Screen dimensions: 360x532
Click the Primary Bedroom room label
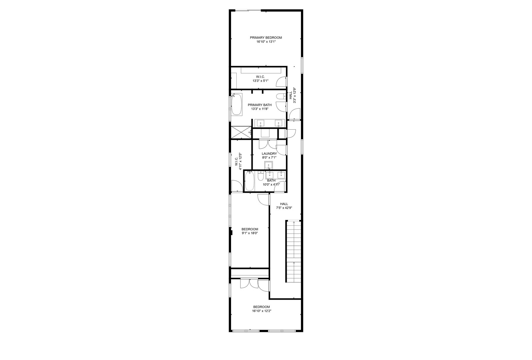coord(266,38)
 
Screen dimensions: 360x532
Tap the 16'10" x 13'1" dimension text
coord(266,42)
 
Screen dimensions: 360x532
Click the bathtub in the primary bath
coord(237,105)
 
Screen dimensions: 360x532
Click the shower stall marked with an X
coord(241,133)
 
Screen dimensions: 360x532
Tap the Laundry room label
coord(269,154)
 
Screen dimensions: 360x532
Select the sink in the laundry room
coord(269,165)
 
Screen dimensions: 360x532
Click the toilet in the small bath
coord(261,175)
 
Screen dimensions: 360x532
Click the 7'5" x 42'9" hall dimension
coord(284,208)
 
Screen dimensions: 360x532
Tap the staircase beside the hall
coord(293,252)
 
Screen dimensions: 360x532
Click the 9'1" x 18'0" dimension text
coord(250,233)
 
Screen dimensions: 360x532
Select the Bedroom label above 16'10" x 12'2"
coord(261,307)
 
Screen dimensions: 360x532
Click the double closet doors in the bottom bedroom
coord(249,284)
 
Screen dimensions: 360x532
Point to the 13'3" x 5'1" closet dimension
coord(260,81)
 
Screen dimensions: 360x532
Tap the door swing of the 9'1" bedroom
coord(264,199)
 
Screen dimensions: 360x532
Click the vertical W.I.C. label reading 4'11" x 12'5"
coord(238,161)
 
